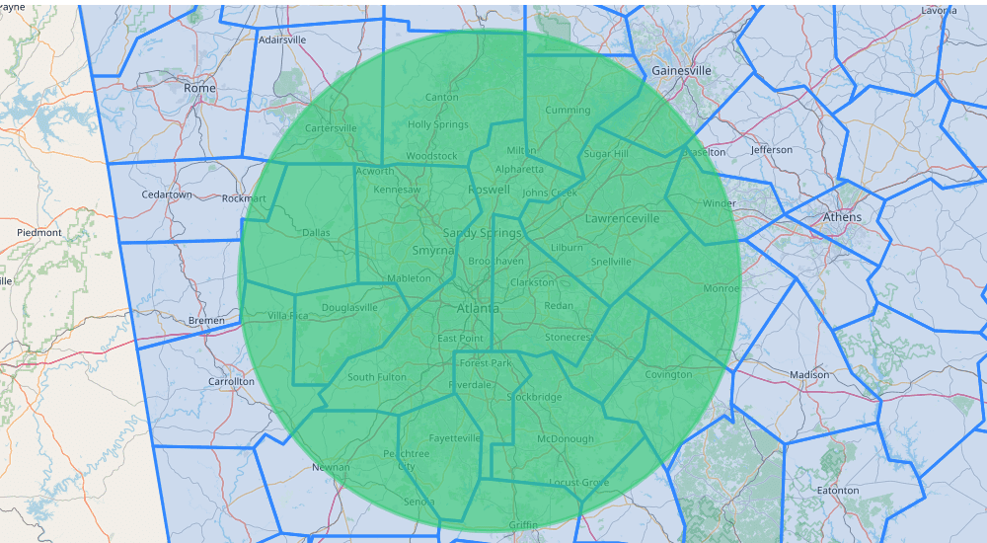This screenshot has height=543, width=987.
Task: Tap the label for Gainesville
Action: coord(681,71)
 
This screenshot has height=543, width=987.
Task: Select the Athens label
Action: coord(842,217)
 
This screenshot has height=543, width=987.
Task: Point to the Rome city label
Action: coord(199,88)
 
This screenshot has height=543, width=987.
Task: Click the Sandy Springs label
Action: coord(482,233)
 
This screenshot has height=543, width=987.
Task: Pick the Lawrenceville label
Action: coord(622,217)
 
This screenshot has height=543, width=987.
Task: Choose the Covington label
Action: coord(668,374)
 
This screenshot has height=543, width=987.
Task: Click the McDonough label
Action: coord(566,438)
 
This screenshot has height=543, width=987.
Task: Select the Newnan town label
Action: coord(331,467)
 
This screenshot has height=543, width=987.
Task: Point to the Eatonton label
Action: coord(838,490)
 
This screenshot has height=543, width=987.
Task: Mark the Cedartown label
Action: coord(167,194)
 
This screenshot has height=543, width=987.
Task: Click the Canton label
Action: coord(441,97)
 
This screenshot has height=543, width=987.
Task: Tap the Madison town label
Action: coord(809,375)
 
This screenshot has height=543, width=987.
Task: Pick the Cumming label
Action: coord(568,111)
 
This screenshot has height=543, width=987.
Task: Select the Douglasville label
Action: coord(349,307)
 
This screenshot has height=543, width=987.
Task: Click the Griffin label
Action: coord(523,524)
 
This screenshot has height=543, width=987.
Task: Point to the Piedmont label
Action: coord(39,233)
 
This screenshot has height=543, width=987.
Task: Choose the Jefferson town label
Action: coord(771,150)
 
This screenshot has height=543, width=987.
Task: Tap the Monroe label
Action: coord(721,288)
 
